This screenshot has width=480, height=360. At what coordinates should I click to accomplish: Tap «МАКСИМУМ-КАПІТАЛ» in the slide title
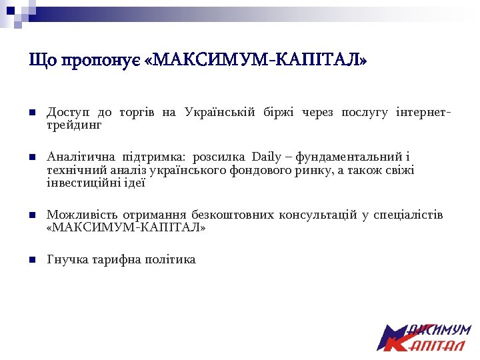[x=256, y=61]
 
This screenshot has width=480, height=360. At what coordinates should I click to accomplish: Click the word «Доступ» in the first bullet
[x=68, y=112]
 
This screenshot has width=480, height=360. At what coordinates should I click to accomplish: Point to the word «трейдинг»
[x=74, y=125]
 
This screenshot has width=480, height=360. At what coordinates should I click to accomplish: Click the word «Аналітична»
[x=79, y=157]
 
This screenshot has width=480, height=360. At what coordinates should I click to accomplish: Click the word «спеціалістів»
[x=408, y=215]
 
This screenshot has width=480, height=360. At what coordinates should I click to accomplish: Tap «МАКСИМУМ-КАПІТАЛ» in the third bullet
[x=127, y=228]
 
